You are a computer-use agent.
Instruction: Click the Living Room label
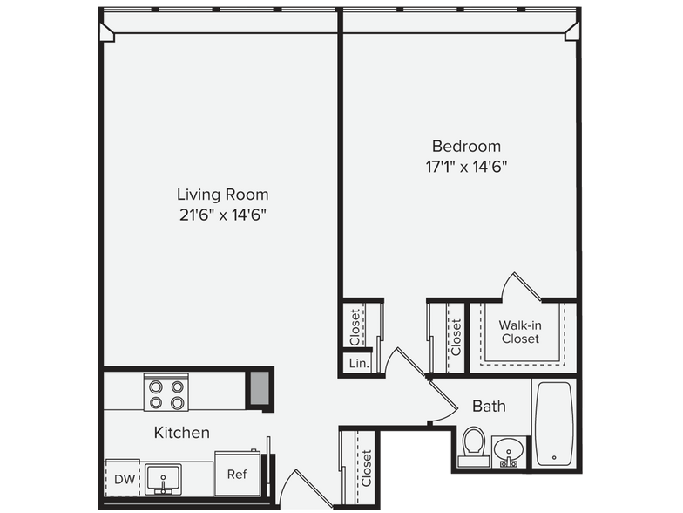(223, 194)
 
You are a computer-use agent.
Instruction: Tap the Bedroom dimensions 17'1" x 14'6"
(467, 166)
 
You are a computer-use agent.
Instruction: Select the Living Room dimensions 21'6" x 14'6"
(223, 215)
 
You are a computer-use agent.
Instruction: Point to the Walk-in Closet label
(520, 332)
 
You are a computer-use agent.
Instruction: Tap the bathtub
(554, 424)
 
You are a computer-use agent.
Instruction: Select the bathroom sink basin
(508, 451)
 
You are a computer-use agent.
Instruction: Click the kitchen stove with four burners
(166, 393)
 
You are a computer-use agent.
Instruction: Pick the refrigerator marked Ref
(237, 474)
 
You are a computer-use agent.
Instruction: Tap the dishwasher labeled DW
(122, 477)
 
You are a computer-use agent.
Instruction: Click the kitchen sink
(163, 480)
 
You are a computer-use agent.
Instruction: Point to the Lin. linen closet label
(359, 363)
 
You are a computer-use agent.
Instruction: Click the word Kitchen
(181, 433)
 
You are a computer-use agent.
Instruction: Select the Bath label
(490, 407)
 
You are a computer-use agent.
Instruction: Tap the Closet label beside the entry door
(366, 468)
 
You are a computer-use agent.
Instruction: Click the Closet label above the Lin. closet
(355, 326)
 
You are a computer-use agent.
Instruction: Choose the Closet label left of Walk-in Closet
(456, 337)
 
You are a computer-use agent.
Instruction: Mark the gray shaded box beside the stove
(260, 388)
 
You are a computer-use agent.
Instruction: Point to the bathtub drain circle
(554, 457)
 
